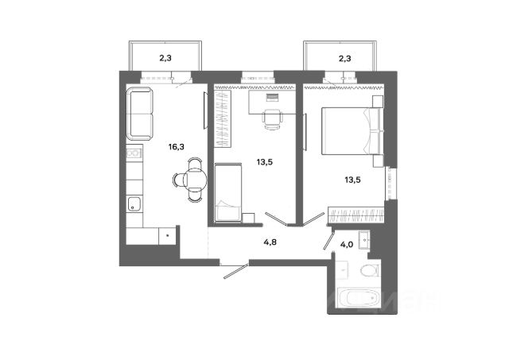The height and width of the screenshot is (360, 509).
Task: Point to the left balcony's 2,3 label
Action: (165, 57)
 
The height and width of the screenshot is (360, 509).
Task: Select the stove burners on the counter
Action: (134, 152)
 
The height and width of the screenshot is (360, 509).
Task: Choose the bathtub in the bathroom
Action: (354, 300)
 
